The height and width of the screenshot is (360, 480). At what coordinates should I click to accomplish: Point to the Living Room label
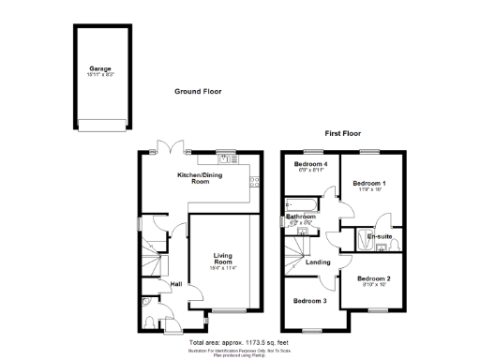point(222,257)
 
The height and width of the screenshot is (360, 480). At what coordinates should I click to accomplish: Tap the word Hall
point(176,283)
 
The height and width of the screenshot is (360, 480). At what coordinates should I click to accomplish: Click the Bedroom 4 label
point(305,164)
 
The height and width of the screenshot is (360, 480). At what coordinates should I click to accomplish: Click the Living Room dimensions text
point(222,267)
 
